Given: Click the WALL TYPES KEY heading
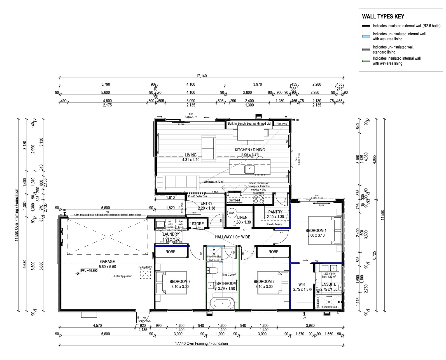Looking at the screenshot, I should [x=383, y=17].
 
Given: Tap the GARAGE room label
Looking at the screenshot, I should [x=107, y=262].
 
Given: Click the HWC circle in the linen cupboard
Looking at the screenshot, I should [x=232, y=213].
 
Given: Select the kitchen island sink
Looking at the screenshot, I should [x=249, y=169].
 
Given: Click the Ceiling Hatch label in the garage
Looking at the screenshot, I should [x=145, y=267].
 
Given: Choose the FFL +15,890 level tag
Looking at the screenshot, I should [x=89, y=271].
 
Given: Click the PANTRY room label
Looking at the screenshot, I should [x=275, y=212].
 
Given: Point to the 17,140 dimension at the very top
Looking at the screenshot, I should [x=202, y=76].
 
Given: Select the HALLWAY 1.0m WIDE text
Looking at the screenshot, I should [x=232, y=237].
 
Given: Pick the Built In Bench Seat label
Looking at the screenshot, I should [x=249, y=124].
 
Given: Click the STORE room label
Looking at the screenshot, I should [x=198, y=224].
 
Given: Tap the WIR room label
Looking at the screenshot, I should [x=302, y=284].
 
